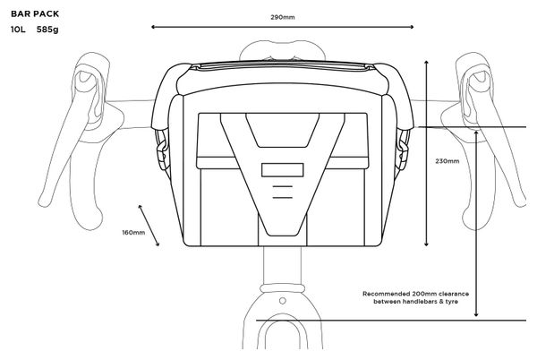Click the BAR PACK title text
[x=35, y=14]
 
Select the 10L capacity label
[x=18, y=30]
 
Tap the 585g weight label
[x=47, y=30]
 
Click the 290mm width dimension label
[x=283, y=17]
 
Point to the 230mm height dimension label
[x=447, y=161]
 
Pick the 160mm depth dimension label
[x=133, y=233]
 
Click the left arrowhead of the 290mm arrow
[x=153, y=27]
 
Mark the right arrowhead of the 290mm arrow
[x=412, y=27]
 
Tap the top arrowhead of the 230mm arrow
[x=426, y=63]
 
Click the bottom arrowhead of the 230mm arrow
[x=426, y=244]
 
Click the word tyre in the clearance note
[x=451, y=302]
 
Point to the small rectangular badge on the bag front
[x=283, y=170]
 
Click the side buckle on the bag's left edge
[x=161, y=150]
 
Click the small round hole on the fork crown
[x=283, y=301]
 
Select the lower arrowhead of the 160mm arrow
[x=158, y=244]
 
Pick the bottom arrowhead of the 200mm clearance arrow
[x=476, y=314]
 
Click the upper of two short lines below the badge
[x=283, y=186]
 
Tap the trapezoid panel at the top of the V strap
[x=283, y=131]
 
